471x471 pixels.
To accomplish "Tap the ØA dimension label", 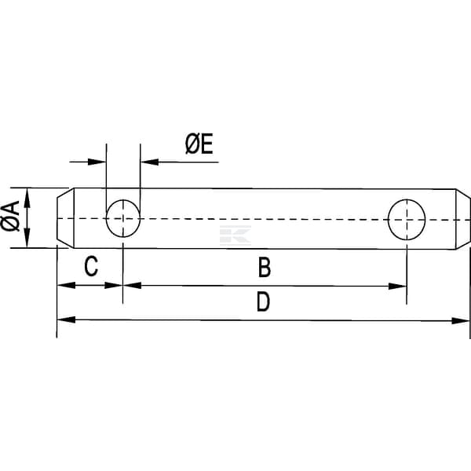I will (11, 217).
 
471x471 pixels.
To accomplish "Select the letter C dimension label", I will (91, 267).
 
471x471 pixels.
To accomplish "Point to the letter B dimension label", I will (265, 268).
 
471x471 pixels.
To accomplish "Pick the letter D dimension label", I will (263, 301).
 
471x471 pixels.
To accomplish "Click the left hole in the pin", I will (123, 217).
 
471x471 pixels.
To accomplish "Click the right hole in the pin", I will (407, 217).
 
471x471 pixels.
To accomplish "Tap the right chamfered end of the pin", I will (463, 217).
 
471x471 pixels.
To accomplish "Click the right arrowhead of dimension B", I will (399, 286).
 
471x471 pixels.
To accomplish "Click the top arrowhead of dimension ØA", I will (27, 196).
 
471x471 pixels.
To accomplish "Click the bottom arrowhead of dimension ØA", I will (27, 239).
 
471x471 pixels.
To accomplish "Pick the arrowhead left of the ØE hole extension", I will (97, 162).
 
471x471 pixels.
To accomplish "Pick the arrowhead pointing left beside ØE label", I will (149, 162).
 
